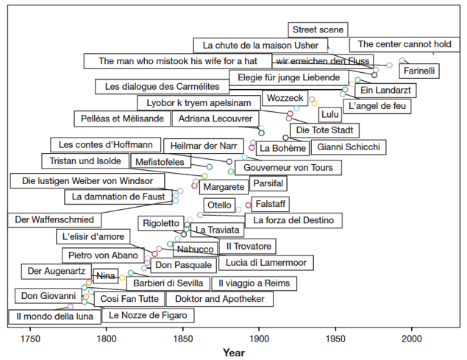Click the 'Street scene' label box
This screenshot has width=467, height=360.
pyautogui.click(x=318, y=30)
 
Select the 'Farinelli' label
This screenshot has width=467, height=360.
pyautogui.click(x=420, y=71)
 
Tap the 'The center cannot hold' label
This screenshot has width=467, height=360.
pyautogui.click(x=404, y=45)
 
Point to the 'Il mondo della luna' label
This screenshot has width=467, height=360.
pyautogui.click(x=55, y=317)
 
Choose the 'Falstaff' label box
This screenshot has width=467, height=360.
pyautogui.click(x=271, y=204)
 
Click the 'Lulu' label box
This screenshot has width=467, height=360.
pyautogui.click(x=330, y=114)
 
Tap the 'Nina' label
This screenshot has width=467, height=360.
pyautogui.click(x=107, y=276)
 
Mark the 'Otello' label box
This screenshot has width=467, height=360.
pyautogui.click(x=219, y=205)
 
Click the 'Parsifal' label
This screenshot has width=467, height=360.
pyautogui.click(x=267, y=183)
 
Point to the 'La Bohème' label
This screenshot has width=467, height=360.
pyautogui.click(x=283, y=148)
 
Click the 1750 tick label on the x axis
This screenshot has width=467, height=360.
pyautogui.click(x=30, y=338)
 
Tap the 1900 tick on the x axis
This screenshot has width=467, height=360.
pyautogui.click(x=259, y=338)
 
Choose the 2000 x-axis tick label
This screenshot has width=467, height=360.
pyautogui.click(x=411, y=338)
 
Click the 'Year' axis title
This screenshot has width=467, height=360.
pyautogui.click(x=235, y=353)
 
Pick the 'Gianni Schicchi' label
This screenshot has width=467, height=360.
pyautogui.click(x=349, y=147)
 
